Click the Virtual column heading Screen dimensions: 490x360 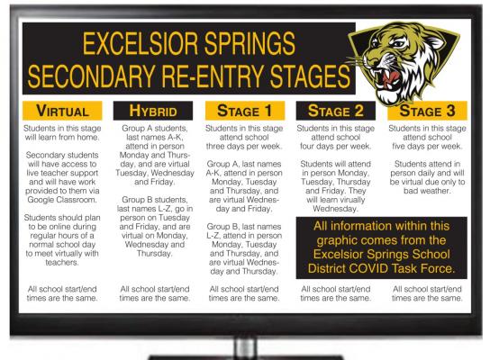pos(62,111)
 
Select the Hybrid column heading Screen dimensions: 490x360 pos(153,111)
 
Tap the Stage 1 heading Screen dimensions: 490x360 pos(245,111)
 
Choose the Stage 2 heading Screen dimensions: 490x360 pos(336,111)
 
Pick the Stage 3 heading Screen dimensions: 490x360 pos(427,111)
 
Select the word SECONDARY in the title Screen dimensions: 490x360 pos(91,76)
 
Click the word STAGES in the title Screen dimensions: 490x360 pos(310,76)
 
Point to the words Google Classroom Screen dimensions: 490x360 pos(62,200)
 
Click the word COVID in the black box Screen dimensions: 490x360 pos(368,268)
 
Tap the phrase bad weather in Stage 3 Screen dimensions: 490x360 pos(427,191)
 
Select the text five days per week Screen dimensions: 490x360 pos(427,146)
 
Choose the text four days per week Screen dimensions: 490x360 pos(336,146)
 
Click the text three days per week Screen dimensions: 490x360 pos(244,146)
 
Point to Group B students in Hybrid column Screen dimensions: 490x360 pos(155,200)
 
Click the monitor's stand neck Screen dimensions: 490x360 pos(246,347)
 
